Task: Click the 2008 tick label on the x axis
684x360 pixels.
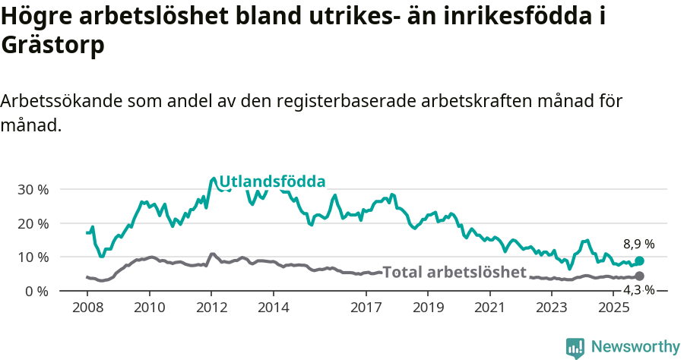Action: (x=87, y=308)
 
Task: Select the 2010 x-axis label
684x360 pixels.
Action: (x=149, y=308)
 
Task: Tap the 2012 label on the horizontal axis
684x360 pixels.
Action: (x=211, y=308)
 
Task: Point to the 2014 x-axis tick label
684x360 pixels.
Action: (x=274, y=308)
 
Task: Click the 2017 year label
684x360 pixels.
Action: (x=366, y=308)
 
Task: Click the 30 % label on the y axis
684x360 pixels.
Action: (x=33, y=189)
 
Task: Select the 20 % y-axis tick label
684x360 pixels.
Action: (x=33, y=223)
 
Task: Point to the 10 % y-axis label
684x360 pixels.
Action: (x=33, y=257)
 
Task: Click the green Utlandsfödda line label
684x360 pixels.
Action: (x=272, y=182)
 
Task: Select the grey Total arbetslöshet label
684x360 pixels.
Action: (x=454, y=272)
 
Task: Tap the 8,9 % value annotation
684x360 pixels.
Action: (x=639, y=244)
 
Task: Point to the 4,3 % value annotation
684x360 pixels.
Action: (x=639, y=289)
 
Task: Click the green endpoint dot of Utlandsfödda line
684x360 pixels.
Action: (x=639, y=261)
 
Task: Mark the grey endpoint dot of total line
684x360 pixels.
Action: (x=639, y=276)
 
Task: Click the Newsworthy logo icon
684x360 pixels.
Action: (x=575, y=348)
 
